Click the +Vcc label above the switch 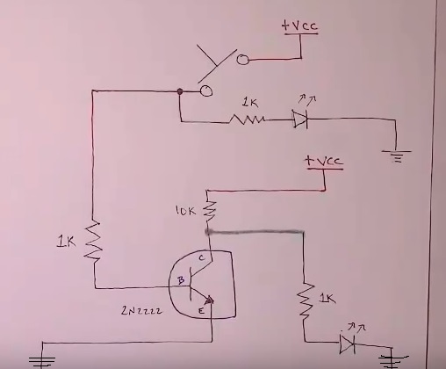[x=299, y=25]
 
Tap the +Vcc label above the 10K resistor [x=323, y=161]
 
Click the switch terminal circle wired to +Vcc [x=242, y=60]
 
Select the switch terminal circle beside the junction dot [x=206, y=90]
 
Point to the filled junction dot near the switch [x=180, y=91]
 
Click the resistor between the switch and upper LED [x=248, y=119]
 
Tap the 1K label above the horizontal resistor [x=250, y=103]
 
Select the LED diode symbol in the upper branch [x=300, y=119]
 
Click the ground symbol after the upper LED [x=397, y=156]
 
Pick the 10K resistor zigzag [x=210, y=211]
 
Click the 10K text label [x=185, y=211]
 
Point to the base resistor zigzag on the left [x=93, y=241]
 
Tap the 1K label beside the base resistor [x=66, y=242]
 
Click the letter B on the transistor [x=181, y=280]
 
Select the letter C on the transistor [x=202, y=258]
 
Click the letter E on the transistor [x=201, y=311]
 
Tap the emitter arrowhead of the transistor [x=210, y=300]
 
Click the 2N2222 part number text [x=141, y=310]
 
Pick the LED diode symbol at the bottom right [x=348, y=343]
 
